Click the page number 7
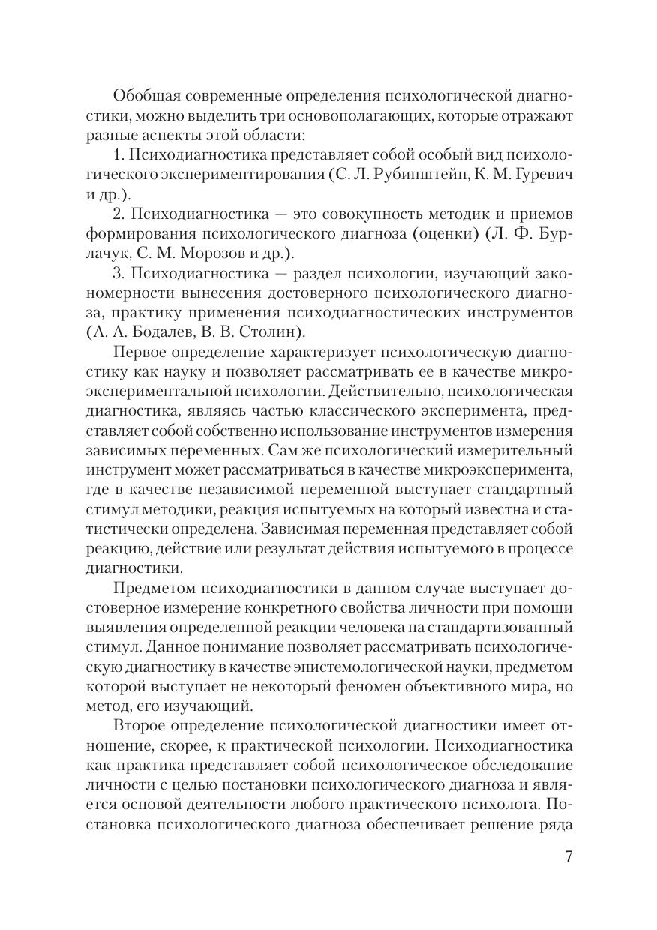(x=568, y=856)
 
